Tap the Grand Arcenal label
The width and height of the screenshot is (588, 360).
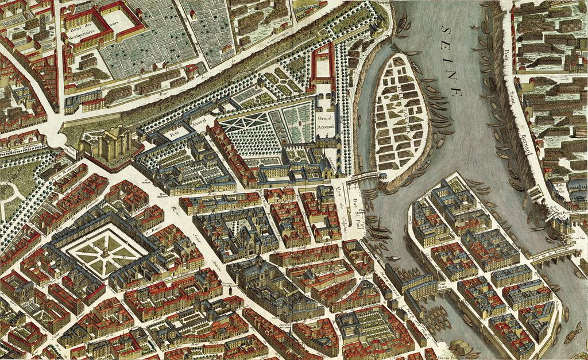[324, 121]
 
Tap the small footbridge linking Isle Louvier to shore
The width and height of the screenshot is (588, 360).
[362, 177]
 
